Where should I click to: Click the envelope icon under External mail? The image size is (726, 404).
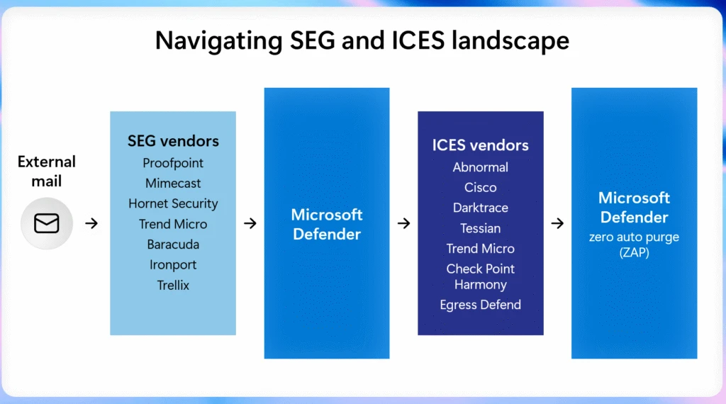tap(47, 223)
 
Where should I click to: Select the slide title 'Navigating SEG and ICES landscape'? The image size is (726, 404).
tap(362, 40)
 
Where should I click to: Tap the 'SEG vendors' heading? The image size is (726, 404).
tap(173, 140)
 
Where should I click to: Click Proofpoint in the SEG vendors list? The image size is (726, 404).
tap(173, 163)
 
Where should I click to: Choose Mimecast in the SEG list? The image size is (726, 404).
tap(173, 183)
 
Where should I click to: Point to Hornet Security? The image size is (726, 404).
tap(173, 203)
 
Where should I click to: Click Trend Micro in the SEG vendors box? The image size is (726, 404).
tap(173, 224)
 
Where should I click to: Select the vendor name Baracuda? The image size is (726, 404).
tap(173, 245)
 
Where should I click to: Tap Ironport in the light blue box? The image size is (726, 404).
tap(173, 265)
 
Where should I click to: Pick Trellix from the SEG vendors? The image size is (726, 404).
tap(173, 285)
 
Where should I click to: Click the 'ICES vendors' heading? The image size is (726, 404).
tap(480, 145)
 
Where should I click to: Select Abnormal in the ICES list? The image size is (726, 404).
tap(480, 167)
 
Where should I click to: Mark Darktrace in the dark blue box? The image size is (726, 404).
tap(480, 208)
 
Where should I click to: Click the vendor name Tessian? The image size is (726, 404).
tap(480, 228)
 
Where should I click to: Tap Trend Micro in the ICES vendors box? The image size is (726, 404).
tap(480, 249)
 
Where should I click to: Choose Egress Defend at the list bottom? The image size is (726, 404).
tap(480, 305)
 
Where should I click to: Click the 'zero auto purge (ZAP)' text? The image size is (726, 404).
tap(634, 245)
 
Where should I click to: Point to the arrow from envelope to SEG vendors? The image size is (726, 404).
tap(91, 223)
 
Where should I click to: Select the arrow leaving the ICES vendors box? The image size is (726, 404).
tap(557, 223)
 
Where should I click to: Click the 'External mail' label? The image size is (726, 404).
tap(47, 172)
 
